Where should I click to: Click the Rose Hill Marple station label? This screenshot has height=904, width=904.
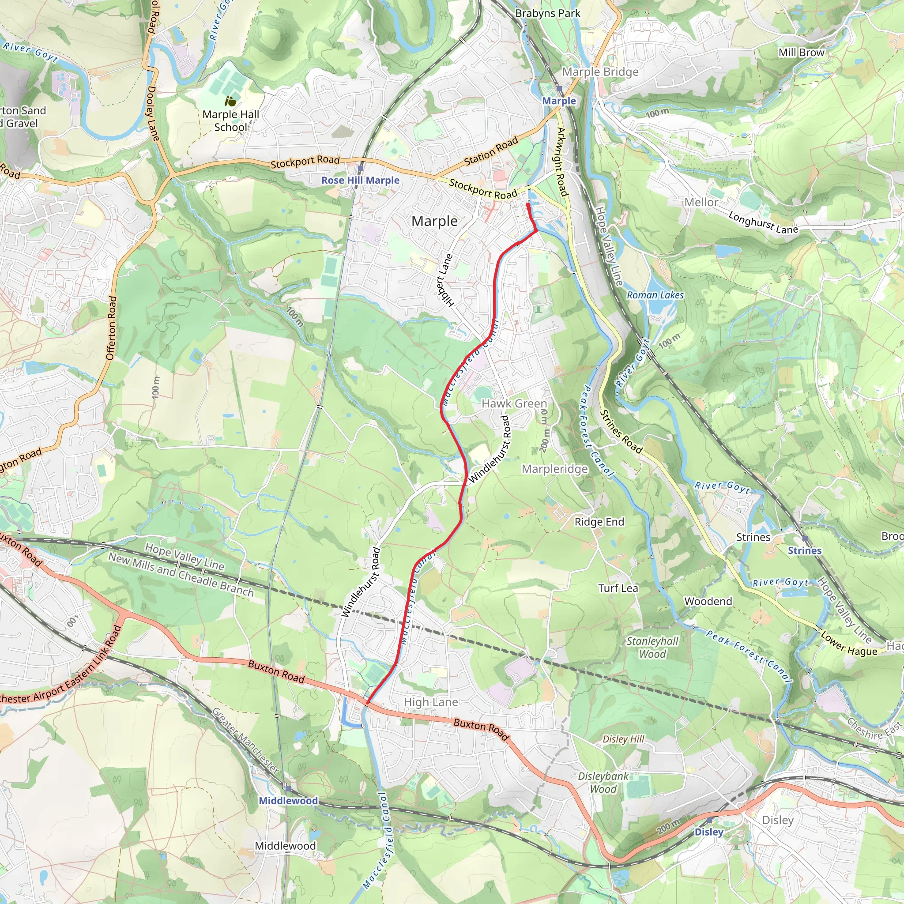click(360, 180)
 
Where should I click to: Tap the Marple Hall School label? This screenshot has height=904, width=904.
click(231, 121)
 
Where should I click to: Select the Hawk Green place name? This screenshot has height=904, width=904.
click(514, 403)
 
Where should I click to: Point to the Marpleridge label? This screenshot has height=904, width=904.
click(554, 469)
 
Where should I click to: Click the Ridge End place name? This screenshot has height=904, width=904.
click(599, 522)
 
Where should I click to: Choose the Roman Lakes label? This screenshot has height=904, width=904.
click(655, 295)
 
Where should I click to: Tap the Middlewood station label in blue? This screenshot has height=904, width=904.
click(288, 801)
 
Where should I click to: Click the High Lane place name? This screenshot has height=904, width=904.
click(430, 702)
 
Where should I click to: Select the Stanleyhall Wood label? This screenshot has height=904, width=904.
click(652, 648)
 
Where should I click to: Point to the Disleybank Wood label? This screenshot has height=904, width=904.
click(603, 782)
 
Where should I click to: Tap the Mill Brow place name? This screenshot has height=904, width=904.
click(801, 53)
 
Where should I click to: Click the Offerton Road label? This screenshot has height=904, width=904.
click(111, 328)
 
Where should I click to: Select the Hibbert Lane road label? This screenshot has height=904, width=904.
click(445, 281)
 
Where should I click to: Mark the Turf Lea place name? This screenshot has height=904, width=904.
click(618, 588)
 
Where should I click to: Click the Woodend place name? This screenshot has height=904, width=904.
click(708, 601)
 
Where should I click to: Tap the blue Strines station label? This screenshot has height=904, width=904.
click(804, 550)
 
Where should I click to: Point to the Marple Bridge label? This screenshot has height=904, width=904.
click(600, 72)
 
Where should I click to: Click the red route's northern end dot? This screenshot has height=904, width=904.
click(528, 205)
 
